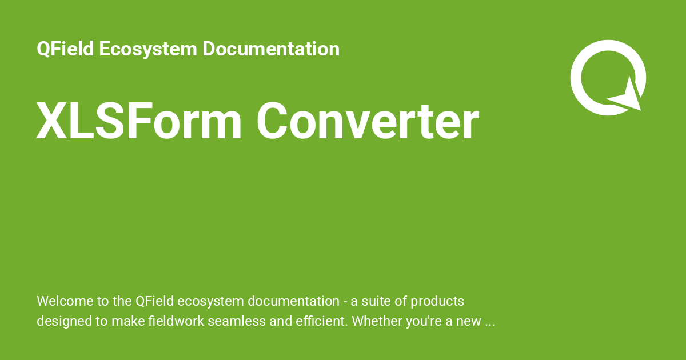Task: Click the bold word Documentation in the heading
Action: (271, 49)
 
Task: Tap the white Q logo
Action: (607, 77)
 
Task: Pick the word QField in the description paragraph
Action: (155, 301)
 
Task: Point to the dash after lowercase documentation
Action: (345, 302)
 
